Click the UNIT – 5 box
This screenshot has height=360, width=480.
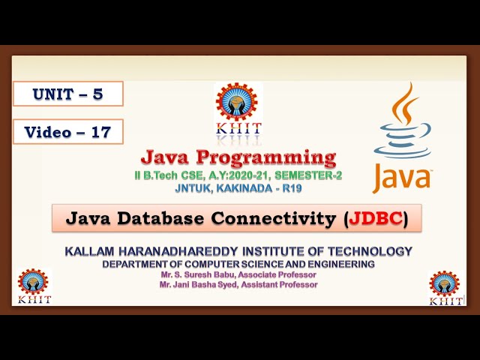[67, 94]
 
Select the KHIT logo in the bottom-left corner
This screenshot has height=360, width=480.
[34, 286]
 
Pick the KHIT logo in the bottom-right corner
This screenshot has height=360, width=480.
[444, 287]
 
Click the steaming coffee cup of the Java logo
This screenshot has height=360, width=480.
[403, 127]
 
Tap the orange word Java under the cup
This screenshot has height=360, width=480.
[402, 178]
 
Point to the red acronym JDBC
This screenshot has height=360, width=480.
[376, 219]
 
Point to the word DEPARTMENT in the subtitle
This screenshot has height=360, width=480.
[138, 265]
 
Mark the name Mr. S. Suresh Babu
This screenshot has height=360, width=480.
[196, 275]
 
